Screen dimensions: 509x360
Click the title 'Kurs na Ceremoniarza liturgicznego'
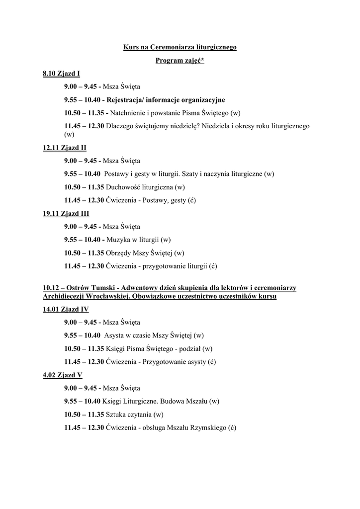(180, 47)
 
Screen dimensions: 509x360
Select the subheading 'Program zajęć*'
(180, 61)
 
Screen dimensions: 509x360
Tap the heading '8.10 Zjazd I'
(61, 74)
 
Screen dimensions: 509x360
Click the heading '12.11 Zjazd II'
(65, 148)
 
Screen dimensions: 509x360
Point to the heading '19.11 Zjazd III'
(66, 213)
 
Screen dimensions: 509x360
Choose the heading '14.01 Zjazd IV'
(66, 309)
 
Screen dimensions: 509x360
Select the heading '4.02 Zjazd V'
(63, 375)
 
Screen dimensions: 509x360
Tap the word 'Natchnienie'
(128, 113)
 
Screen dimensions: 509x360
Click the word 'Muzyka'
(117, 240)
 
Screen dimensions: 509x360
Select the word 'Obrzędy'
(119, 253)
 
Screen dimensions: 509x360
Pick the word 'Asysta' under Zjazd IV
(115, 335)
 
